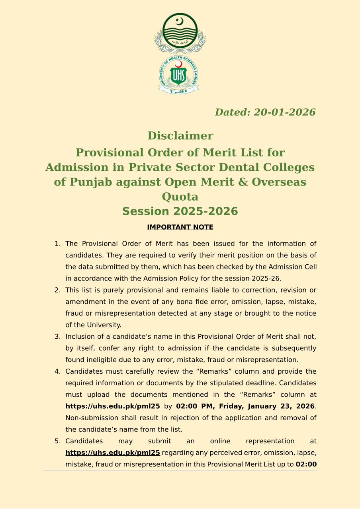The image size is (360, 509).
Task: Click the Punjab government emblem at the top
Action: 180,33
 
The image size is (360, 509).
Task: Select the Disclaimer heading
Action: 180,136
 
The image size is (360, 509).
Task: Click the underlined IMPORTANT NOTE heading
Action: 180,227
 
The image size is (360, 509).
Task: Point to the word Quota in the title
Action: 180,197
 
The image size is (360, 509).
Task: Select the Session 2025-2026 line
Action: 180,211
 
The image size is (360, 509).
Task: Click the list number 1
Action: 57,244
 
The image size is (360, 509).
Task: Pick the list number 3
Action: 57,337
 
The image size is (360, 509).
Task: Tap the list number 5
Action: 57,441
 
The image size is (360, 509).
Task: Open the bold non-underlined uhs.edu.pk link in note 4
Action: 113,406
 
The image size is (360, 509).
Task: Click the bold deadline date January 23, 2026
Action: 281,406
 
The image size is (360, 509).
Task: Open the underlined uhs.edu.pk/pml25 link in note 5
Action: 113,452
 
